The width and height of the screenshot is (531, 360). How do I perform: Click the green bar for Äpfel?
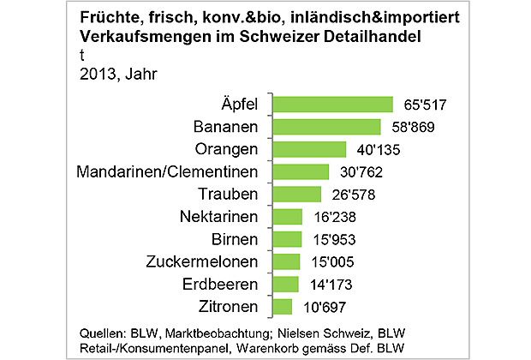(333, 105)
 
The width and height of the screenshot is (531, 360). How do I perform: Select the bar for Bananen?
(325, 127)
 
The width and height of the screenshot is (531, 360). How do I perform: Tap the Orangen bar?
(308, 149)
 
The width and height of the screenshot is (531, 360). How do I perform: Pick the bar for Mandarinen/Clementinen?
(300, 171)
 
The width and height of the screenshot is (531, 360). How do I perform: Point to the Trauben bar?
(295, 194)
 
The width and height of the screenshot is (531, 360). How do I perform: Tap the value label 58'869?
(409, 128)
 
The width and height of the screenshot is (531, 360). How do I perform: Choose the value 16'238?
(332, 217)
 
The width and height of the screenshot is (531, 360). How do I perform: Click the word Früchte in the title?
(109, 18)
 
